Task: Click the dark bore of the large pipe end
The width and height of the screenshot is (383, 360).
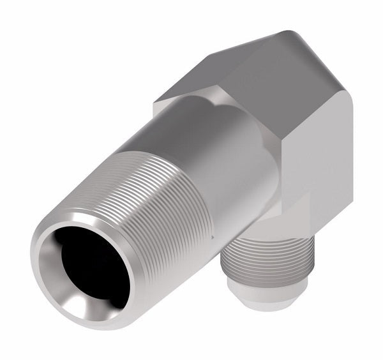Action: pos(89,262)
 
